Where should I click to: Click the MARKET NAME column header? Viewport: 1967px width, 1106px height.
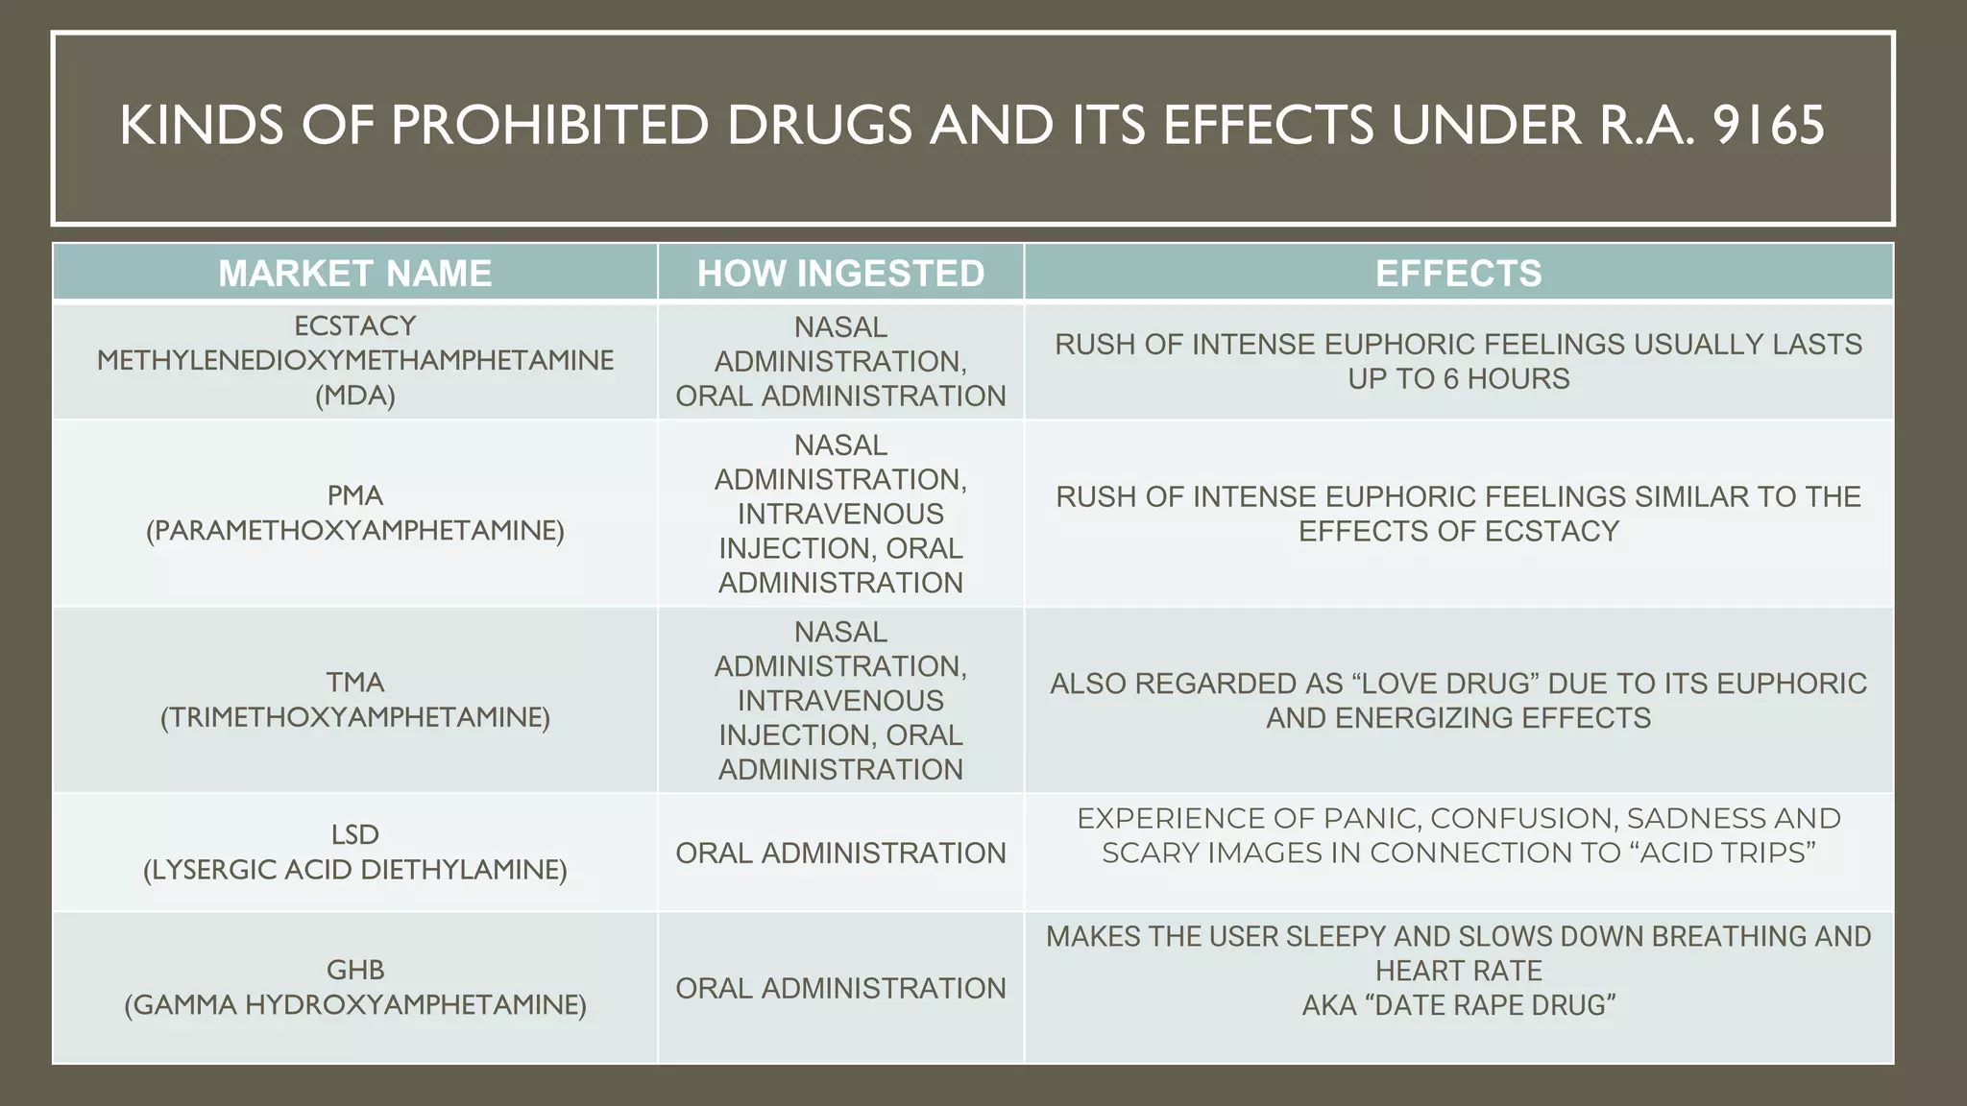354,274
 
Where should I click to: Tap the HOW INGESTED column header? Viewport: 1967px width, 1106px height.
840,274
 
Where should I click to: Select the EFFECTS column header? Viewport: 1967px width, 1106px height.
1458,274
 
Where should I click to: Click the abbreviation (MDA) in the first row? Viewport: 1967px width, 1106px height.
355,396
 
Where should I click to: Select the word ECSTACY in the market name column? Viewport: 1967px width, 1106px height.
355,326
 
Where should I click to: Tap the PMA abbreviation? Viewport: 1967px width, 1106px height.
355,495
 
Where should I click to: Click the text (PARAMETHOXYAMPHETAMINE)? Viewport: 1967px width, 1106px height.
355,530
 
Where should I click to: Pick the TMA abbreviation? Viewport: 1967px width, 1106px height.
355,683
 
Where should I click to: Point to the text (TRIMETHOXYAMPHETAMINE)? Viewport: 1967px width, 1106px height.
355,717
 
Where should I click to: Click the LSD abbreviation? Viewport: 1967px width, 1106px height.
355,835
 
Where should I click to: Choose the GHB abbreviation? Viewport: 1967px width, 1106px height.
355,970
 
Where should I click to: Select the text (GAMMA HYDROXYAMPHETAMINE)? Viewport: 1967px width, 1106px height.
355,1005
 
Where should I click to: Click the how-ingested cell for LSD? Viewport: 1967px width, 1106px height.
840,853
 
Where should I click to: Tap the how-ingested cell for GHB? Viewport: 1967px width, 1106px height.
840,988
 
